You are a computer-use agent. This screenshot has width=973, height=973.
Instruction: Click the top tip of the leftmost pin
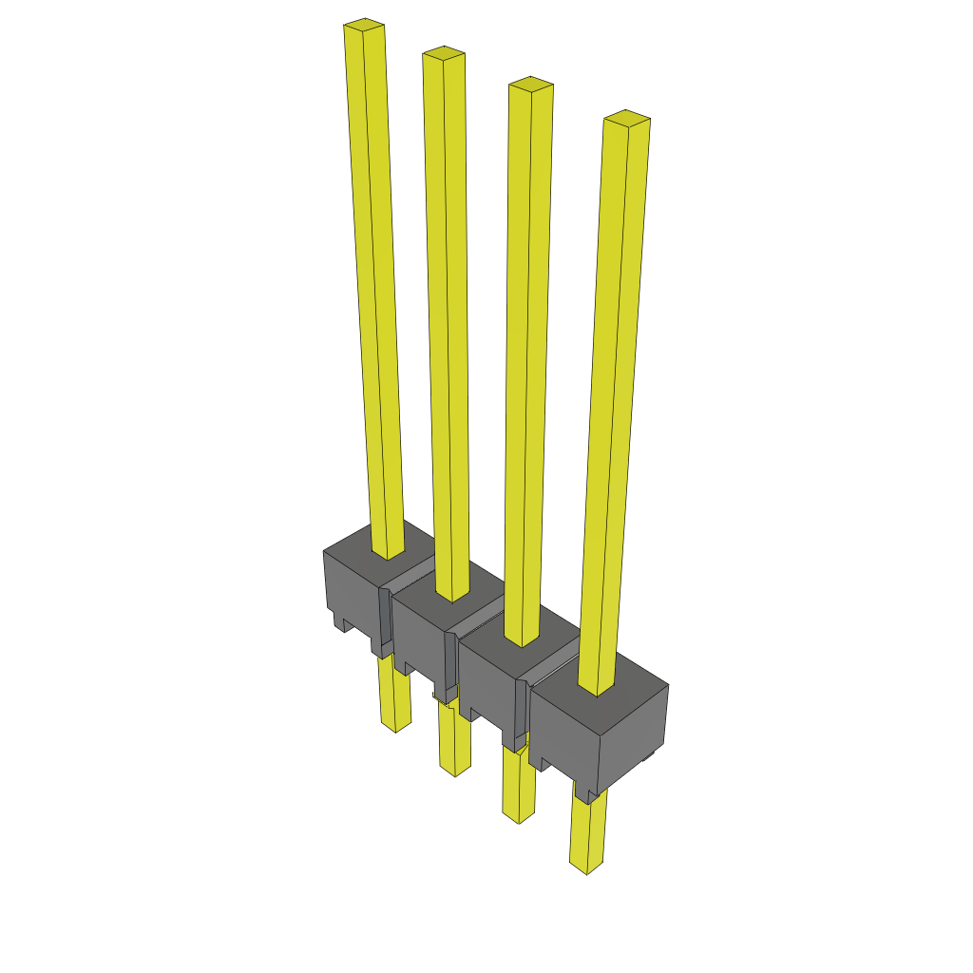coord(364,26)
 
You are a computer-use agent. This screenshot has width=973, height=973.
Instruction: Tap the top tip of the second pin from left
coord(444,53)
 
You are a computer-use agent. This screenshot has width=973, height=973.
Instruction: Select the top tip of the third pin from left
coord(530,86)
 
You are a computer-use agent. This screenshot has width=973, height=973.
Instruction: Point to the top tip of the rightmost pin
coord(627,119)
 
